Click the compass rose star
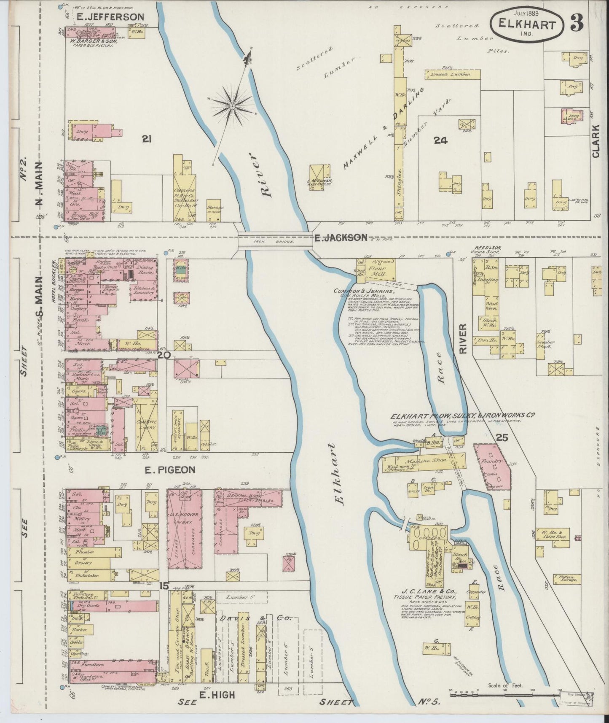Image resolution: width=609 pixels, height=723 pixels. (232, 106)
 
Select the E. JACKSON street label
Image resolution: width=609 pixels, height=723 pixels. (341, 238)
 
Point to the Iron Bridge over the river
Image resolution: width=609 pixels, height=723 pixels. (274, 241)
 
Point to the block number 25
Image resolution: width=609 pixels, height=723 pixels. (502, 438)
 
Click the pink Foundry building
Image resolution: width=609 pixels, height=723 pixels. (492, 466)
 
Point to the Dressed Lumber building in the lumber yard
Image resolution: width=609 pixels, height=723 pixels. (453, 73)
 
